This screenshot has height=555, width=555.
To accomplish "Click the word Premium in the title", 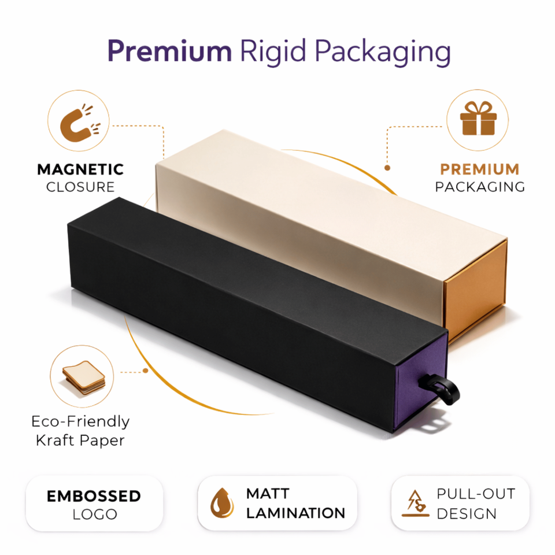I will point(169,52).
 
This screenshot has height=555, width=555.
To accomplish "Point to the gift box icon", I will point(478,120).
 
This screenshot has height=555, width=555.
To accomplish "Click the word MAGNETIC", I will point(80,169).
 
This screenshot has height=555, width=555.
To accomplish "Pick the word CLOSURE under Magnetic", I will point(80,187).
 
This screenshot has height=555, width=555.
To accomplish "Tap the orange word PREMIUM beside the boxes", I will point(479,169).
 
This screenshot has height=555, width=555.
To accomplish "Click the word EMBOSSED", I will point(94,496).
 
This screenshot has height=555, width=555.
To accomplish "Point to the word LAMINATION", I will point(295,512).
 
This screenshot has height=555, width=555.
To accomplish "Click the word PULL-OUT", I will point(475,494).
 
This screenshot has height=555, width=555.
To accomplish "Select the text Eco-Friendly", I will point(80,421).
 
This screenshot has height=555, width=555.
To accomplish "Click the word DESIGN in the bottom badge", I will point(467,513).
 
